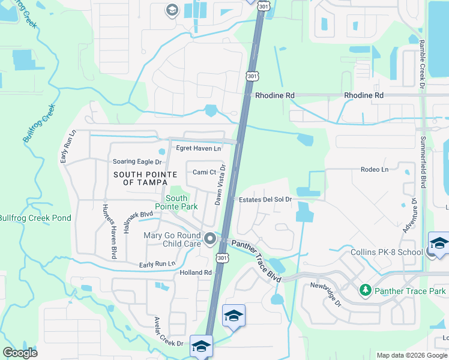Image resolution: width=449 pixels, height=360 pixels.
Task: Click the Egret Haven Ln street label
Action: (198, 148)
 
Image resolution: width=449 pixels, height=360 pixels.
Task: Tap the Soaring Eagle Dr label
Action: (137, 162)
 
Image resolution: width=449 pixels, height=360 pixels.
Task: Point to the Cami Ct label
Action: (204, 172)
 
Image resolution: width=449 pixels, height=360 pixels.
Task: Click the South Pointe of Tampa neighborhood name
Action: (145, 179)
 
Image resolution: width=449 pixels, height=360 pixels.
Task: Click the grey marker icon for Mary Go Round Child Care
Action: (210, 240)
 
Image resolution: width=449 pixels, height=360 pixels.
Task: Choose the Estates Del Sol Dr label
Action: (265, 199)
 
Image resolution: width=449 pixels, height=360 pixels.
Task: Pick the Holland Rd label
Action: (196, 272)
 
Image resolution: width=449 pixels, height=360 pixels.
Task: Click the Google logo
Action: (20, 353)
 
